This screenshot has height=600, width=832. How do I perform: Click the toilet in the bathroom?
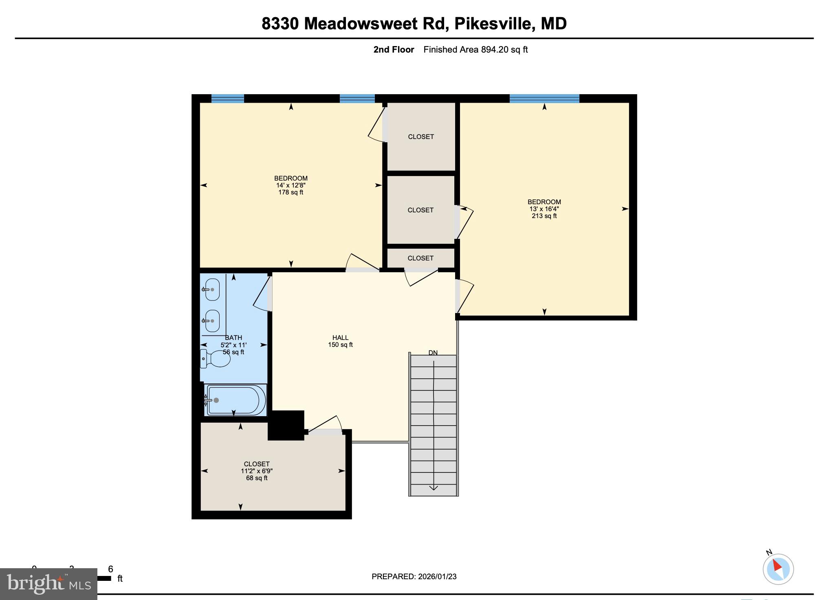tap(216, 358)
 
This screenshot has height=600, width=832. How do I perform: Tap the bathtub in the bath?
tap(234, 400)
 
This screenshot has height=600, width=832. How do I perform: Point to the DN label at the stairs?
tap(433, 353)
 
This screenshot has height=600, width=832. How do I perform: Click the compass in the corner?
tap(778, 569)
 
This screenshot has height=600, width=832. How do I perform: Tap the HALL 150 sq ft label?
tap(340, 341)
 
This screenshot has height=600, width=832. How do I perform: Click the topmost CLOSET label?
tap(421, 137)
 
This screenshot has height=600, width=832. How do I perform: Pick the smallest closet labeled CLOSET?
tap(420, 258)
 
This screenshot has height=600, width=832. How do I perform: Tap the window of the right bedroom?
tap(544, 98)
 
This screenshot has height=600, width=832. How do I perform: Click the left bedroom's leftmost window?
tap(227, 98)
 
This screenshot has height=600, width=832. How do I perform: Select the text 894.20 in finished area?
tap(495, 50)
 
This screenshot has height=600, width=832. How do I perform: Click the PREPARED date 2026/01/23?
tap(437, 576)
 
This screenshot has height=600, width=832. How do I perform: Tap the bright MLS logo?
tap(48, 584)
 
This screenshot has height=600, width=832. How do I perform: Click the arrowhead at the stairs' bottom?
tap(434, 488)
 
